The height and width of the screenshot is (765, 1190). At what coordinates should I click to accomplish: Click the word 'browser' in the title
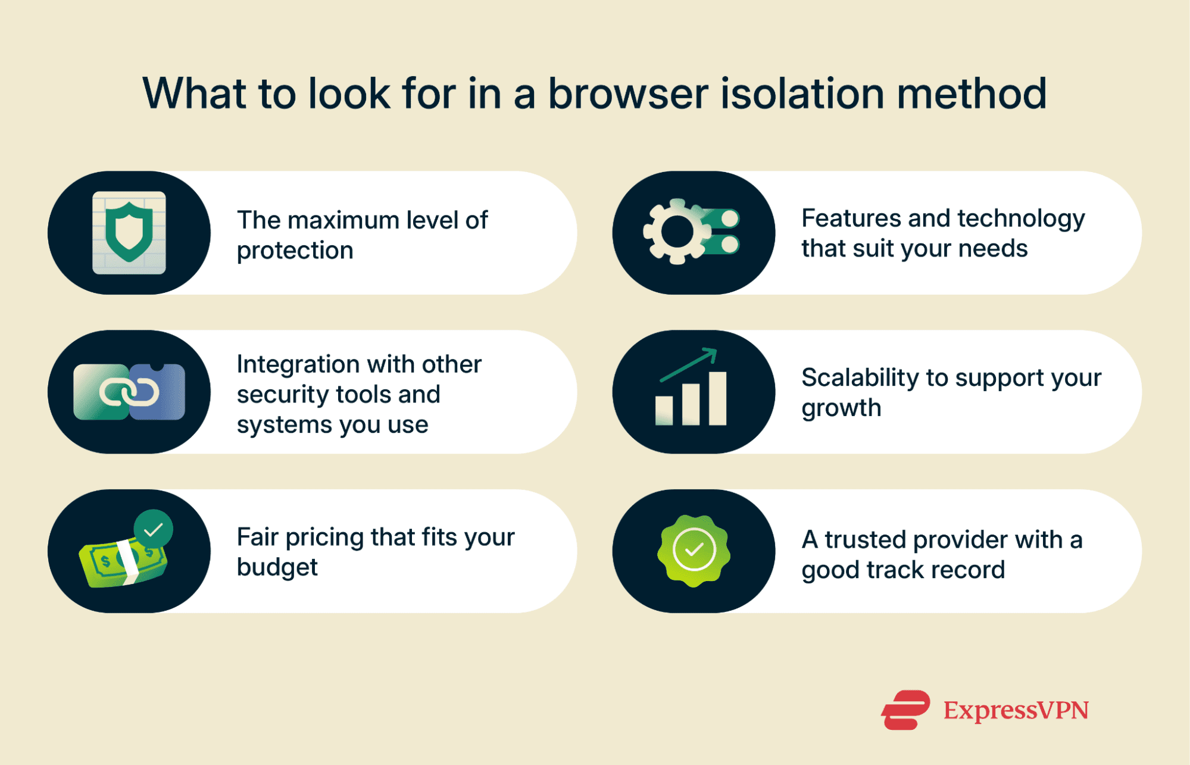tap(628, 94)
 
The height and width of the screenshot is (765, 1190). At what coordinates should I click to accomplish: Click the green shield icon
tap(129, 232)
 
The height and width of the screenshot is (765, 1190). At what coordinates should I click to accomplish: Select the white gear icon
tap(676, 232)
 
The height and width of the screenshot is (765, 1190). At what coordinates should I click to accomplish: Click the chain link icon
tap(129, 392)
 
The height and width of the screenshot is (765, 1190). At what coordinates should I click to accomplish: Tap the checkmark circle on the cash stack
tap(154, 529)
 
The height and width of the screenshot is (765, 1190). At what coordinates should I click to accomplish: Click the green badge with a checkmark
tap(694, 551)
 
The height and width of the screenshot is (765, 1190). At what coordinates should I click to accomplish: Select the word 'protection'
tap(295, 251)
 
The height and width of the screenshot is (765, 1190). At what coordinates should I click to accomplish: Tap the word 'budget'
tap(277, 567)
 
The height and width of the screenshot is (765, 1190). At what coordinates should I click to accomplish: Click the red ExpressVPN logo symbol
tap(905, 710)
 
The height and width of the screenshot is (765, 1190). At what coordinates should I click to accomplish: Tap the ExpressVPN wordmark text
tap(1016, 710)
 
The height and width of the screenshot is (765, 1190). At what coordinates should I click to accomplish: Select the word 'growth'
tap(841, 408)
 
